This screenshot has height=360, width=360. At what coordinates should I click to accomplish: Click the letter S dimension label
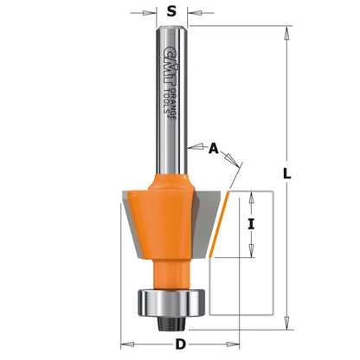click(x=171, y=13)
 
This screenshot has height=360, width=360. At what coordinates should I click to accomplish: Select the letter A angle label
click(x=214, y=149)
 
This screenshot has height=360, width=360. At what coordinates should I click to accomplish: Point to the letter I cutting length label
click(x=252, y=223)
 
